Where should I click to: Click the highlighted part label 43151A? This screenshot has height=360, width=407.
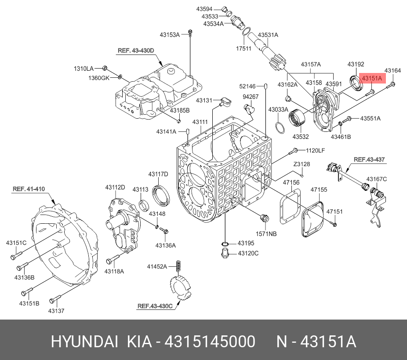[x=372, y=78]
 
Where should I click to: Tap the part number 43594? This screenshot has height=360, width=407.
[x=204, y=9]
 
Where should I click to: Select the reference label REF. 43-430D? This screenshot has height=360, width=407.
[x=136, y=51]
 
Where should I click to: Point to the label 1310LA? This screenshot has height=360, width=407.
[x=83, y=69]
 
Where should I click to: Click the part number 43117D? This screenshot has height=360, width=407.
[x=158, y=174]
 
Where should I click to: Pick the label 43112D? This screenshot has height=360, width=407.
[x=115, y=188]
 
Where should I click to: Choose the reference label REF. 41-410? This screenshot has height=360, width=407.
[x=29, y=189]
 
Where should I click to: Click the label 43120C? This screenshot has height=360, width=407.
[x=248, y=253]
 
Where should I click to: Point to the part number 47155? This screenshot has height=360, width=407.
[x=319, y=190]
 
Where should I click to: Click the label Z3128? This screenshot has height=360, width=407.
[x=302, y=164]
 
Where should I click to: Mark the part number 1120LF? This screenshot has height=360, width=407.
[x=315, y=150]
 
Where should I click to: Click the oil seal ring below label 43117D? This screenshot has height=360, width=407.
[x=160, y=196]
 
